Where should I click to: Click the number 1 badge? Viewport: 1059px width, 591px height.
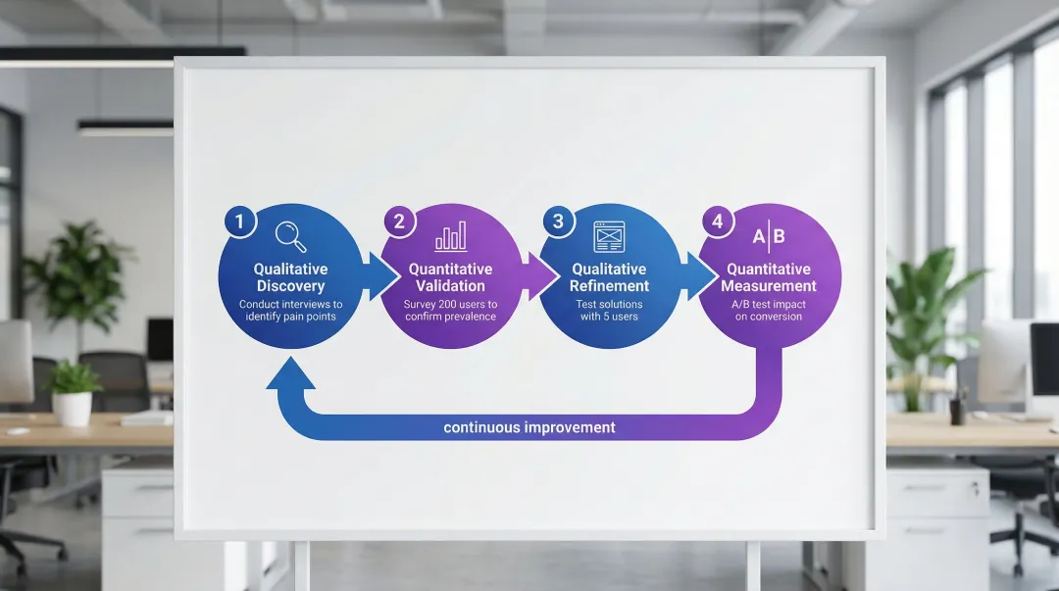(239, 221)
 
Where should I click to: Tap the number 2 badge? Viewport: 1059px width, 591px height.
(399, 221)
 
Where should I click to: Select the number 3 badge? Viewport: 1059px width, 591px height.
(558, 221)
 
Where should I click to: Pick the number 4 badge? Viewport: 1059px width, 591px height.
(718, 221)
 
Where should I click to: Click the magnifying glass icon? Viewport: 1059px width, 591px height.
(290, 236)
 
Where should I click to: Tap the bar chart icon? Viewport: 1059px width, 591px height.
(450, 236)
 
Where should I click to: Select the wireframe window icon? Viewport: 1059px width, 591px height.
(609, 236)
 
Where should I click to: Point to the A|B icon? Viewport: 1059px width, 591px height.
(769, 236)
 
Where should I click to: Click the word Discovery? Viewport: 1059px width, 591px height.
(290, 286)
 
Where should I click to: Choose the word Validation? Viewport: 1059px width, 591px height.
(450, 286)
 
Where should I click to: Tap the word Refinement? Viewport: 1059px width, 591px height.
(610, 286)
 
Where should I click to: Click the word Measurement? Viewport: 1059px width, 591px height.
(769, 286)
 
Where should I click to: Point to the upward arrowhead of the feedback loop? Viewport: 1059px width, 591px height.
(290, 373)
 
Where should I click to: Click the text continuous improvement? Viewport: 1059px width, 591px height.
(529, 427)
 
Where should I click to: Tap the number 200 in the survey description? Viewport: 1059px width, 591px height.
(451, 304)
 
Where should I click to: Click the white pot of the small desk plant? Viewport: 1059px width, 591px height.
(73, 408)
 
